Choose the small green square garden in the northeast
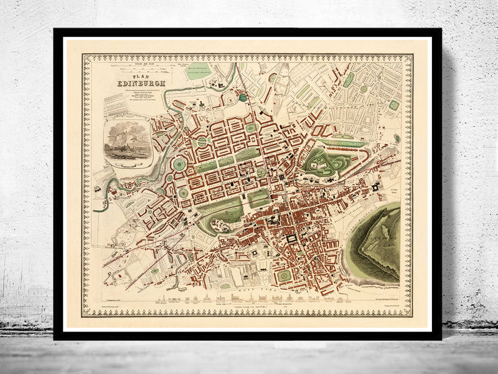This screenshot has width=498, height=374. (393, 105)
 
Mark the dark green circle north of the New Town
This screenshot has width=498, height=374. (243, 98)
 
